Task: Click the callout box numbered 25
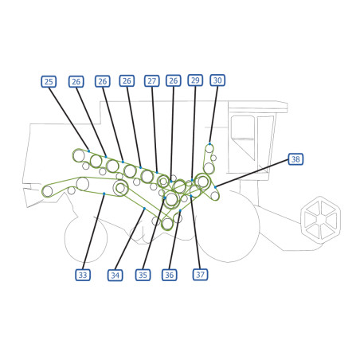click(x=49, y=81)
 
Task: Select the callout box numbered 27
click(x=152, y=80)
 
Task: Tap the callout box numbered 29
click(x=195, y=80)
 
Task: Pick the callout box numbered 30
click(x=217, y=80)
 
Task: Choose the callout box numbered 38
click(x=295, y=159)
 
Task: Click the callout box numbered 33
click(x=83, y=275)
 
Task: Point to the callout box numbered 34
click(x=115, y=275)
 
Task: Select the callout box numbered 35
click(x=143, y=275)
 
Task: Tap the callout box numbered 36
click(x=170, y=275)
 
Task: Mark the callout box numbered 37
click(x=200, y=274)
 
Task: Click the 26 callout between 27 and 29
click(x=174, y=80)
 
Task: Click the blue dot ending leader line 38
click(x=215, y=187)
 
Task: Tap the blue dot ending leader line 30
click(x=209, y=143)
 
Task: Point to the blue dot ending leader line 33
click(x=104, y=194)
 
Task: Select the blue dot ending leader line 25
click(x=88, y=151)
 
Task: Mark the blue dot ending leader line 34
click(x=144, y=209)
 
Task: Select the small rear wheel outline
click(x=65, y=239)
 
